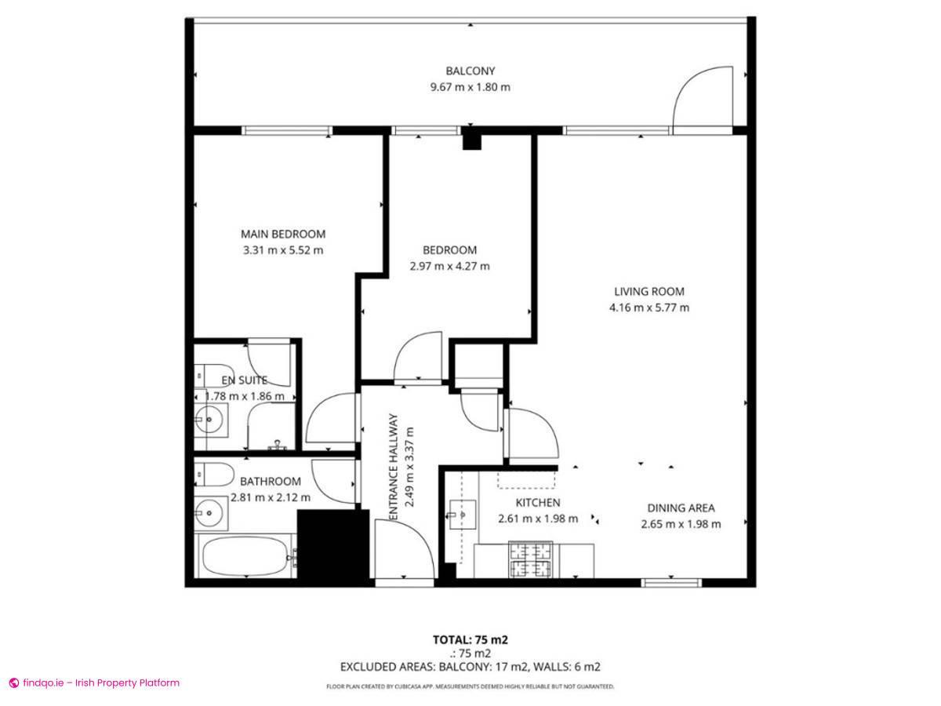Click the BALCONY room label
[x=470, y=71]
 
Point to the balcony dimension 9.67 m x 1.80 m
[x=470, y=87]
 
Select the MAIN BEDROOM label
[x=282, y=234]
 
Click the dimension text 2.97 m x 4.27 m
[x=449, y=266]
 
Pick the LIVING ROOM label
[x=649, y=292]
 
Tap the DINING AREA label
[x=681, y=508]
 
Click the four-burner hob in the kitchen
[x=532, y=559]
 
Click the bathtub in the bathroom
[x=245, y=558]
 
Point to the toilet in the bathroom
[x=213, y=474]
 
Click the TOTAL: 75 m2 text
[x=470, y=639]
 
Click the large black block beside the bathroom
[x=332, y=544]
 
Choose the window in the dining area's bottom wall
[x=670, y=583]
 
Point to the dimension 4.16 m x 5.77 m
[x=649, y=308]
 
